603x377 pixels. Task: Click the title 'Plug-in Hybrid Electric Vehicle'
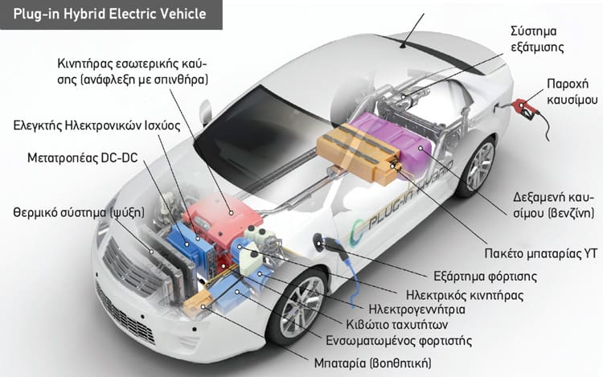click(110, 14)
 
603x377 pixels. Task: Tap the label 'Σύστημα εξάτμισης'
click(537, 39)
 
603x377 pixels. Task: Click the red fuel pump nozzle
click(526, 107)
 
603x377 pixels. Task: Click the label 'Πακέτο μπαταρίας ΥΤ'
click(541, 254)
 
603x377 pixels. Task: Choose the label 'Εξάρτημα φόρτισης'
click(485, 277)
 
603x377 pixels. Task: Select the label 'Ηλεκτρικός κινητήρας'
click(465, 296)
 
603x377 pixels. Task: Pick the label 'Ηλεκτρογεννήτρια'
click(416, 309)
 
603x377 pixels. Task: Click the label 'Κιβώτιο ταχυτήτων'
click(397, 325)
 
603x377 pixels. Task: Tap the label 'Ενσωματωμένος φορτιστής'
click(399, 341)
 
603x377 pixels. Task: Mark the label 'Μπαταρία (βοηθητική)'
click(372, 363)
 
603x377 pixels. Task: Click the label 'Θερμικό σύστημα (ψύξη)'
click(80, 212)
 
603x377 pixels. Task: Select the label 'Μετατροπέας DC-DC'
click(82, 158)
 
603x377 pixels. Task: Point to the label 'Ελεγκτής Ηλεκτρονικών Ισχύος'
click(97, 125)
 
